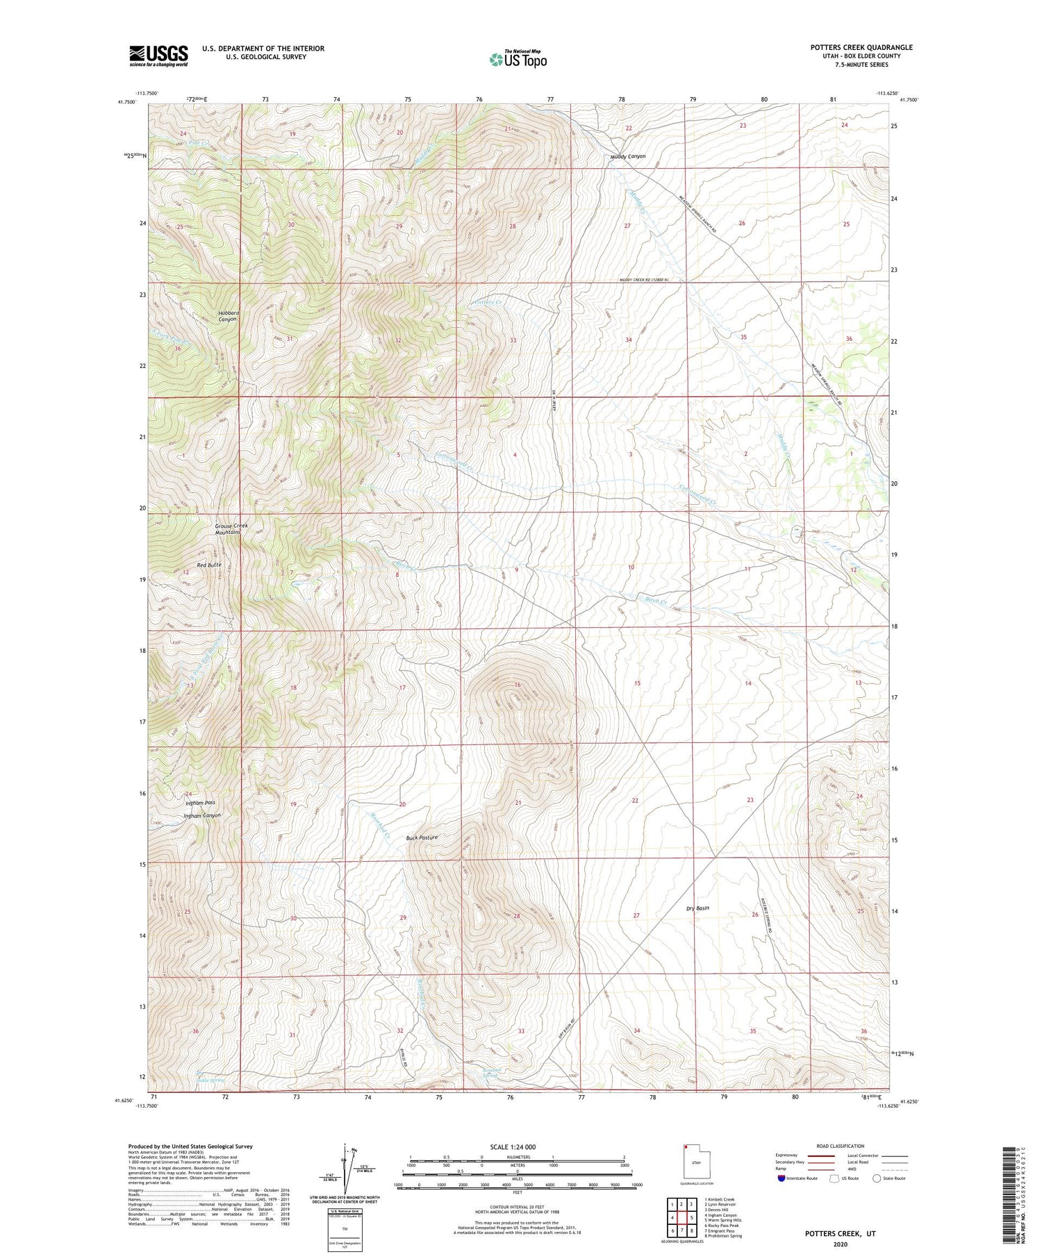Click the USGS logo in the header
pyautogui.click(x=158, y=56)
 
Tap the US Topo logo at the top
pyautogui.click(x=518, y=59)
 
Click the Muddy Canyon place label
pyautogui.click(x=628, y=157)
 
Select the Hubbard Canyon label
pyautogui.click(x=229, y=316)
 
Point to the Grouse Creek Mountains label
pyautogui.click(x=231, y=528)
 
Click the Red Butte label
pyautogui.click(x=209, y=565)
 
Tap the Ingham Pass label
pyautogui.click(x=200, y=803)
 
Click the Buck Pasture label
pyautogui.click(x=422, y=838)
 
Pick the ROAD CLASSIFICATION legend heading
pyautogui.click(x=841, y=1146)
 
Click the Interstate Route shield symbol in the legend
pyautogui.click(x=782, y=1178)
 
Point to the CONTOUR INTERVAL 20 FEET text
pyautogui.click(x=517, y=1209)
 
